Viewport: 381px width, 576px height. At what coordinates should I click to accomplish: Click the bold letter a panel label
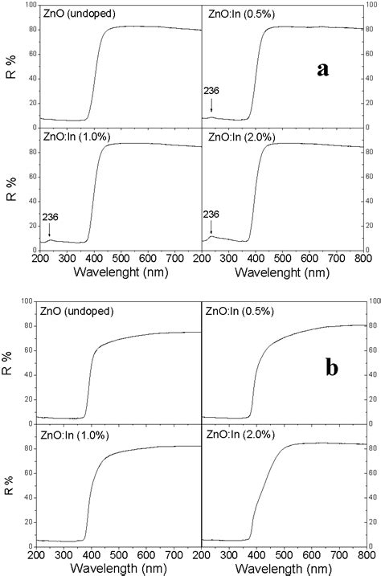tap(323, 69)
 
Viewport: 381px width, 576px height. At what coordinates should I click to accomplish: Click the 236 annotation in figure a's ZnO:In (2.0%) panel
tap(211, 214)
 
